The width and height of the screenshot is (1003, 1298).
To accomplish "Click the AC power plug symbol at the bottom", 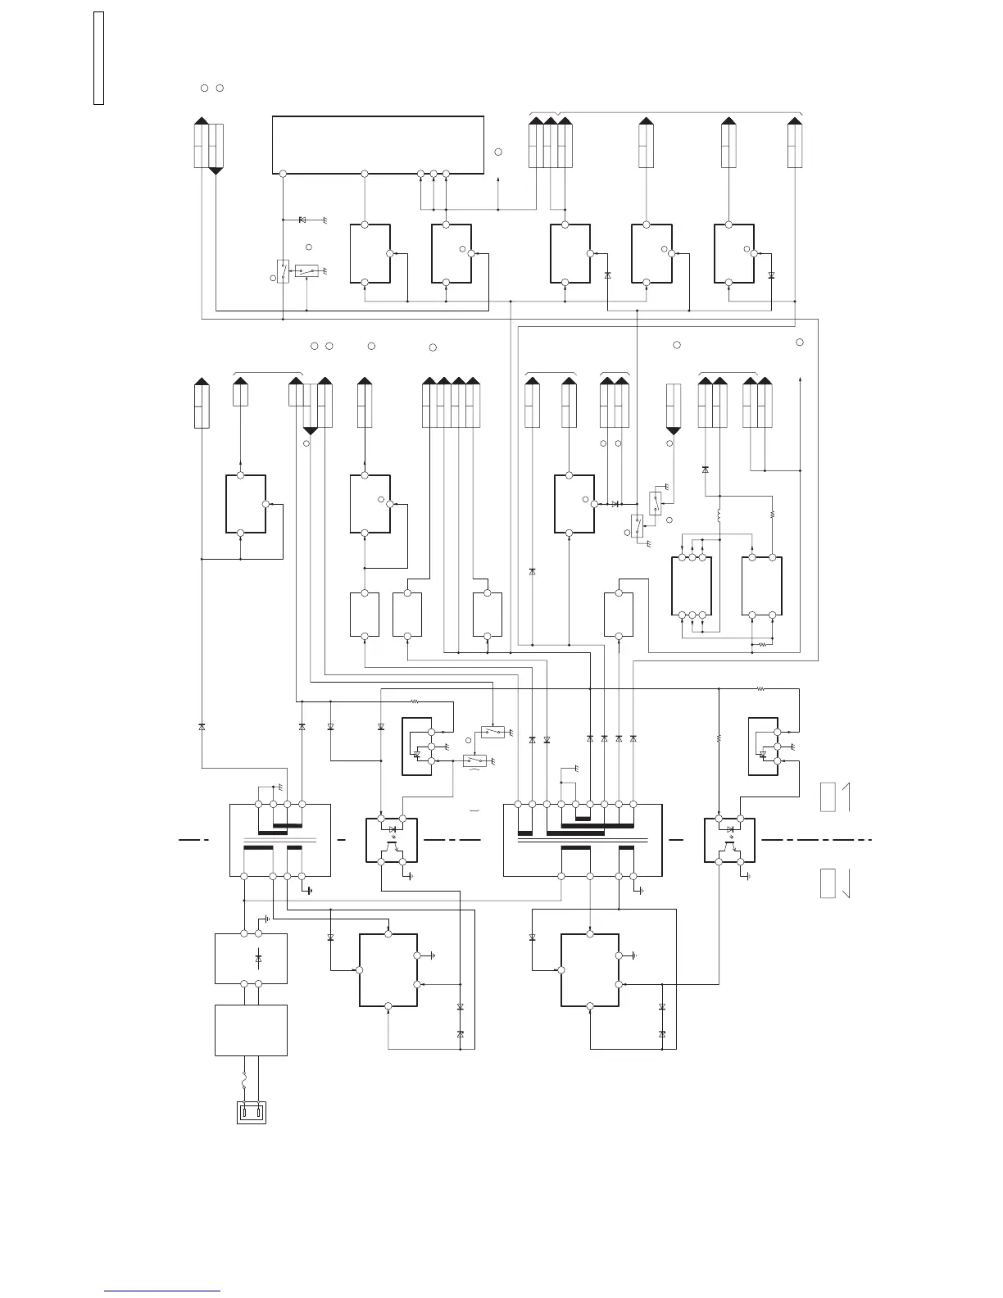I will [x=252, y=1114].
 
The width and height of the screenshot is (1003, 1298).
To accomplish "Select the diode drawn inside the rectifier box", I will [x=259, y=958].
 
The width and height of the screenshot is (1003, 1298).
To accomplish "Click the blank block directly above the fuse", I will [x=251, y=1030].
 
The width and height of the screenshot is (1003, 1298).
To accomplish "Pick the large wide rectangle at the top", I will [x=378, y=144].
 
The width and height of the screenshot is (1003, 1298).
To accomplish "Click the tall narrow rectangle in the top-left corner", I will [x=98, y=58].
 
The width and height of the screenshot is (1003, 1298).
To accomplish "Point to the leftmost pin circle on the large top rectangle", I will [x=283, y=174].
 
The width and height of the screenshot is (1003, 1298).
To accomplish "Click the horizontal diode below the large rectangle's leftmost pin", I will [x=302, y=220].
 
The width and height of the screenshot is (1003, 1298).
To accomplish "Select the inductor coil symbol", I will [x=719, y=516].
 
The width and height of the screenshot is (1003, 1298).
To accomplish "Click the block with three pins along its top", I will [x=692, y=586].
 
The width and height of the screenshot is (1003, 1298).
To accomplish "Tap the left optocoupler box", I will [x=392, y=840].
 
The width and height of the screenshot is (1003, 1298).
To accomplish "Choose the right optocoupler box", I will [x=729, y=840].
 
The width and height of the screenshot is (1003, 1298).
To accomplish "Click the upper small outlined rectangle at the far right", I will [x=828, y=797].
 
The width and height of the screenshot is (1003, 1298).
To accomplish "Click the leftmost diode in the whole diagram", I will [x=202, y=727].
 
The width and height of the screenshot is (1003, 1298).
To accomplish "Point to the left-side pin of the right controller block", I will [x=561, y=970].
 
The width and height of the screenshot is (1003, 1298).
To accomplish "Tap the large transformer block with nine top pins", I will [x=582, y=840].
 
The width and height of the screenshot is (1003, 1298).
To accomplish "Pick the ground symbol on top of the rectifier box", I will [x=268, y=921].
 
